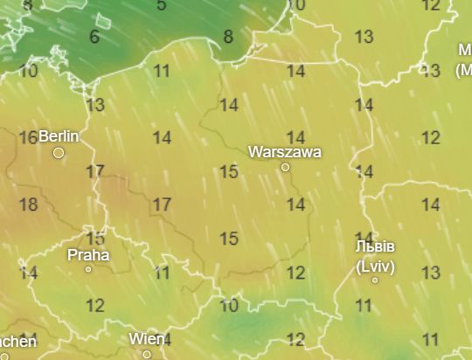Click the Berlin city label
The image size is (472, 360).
tap(59, 136)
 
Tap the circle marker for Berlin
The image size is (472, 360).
tap(59, 153)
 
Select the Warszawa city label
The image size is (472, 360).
tap(285, 152)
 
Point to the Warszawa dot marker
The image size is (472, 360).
tap(285, 167)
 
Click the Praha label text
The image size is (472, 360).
tap(88, 255)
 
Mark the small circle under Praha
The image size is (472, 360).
tap(88, 269)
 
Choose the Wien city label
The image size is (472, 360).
tap(147, 339)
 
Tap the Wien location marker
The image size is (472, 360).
tap(147, 354)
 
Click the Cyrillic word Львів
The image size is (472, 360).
tap(375, 246)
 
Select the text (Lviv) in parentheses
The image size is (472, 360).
tap(375, 264)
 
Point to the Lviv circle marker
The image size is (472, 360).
tap(375, 280)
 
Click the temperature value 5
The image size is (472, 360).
tap(162, 5)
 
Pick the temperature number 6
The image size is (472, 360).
tap(94, 38)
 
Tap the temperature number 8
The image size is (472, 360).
tap(228, 37)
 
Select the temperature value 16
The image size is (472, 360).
tap(28, 137)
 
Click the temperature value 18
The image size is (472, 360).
tap(28, 205)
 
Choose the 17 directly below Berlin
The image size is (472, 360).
tap(95, 171)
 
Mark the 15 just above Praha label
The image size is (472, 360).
tap(95, 239)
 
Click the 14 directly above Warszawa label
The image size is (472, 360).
tap(296, 137)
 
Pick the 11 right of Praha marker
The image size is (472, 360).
tap(162, 273)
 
